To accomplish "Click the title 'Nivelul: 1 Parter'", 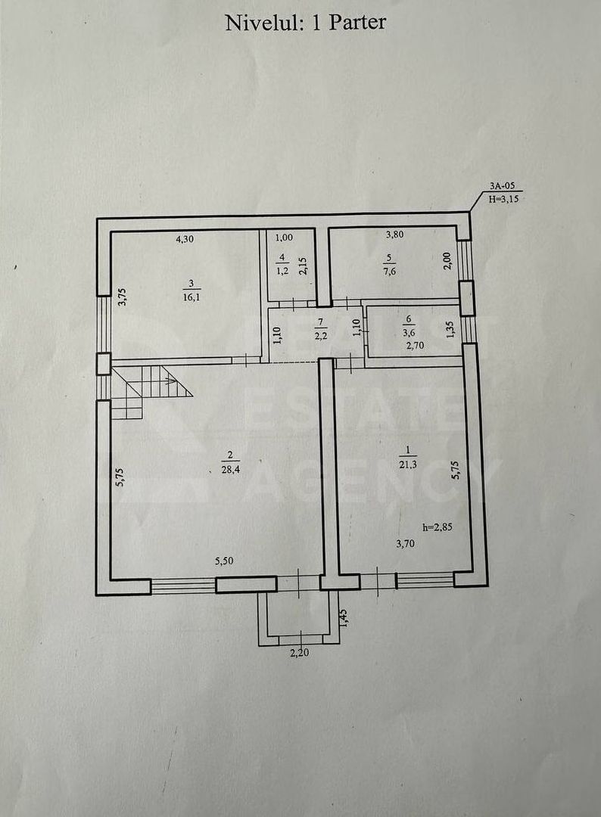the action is coord(306,23).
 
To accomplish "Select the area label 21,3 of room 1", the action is coord(408,464).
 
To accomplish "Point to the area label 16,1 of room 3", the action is coord(192,297).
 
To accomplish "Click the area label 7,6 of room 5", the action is coord(389,271).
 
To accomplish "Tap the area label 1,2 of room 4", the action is coord(282,271).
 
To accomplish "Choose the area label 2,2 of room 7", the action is coord(320,336).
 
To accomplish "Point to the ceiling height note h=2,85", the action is coord(438,527).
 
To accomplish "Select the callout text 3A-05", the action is coord(500,185).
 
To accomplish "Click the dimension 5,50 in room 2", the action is coord(224,561).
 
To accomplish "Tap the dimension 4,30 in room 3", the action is coord(185,239).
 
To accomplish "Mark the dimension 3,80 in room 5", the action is coord(394,235).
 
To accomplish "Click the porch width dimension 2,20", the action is coord(299,652).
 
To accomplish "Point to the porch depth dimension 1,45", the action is coord(344,618).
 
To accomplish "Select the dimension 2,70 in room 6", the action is coord(416,344).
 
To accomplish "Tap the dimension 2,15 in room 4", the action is coord(303,266).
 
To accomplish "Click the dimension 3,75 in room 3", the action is coord(121,297).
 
